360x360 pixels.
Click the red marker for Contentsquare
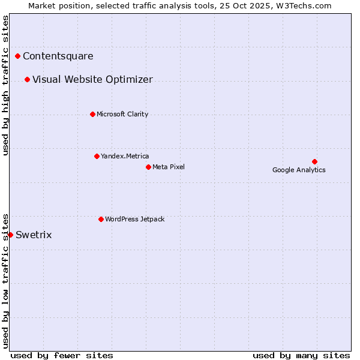18,56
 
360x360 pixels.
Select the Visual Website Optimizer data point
28,80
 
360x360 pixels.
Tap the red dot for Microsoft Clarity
92,114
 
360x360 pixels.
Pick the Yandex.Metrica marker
97,156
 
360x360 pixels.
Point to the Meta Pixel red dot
148,167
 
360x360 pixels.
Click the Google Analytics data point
314,161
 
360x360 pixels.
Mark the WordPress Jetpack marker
101,219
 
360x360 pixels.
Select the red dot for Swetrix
10,235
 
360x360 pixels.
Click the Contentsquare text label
58,56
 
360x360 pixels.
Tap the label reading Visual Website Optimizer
92,80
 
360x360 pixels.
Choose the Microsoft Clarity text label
122,114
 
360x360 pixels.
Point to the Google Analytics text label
299,170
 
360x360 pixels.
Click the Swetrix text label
34,235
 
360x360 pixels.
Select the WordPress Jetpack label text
134,219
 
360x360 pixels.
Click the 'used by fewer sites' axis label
62,355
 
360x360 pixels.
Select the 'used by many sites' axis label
301,355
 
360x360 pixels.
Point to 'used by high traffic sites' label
5,85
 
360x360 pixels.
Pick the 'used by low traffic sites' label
5,280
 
